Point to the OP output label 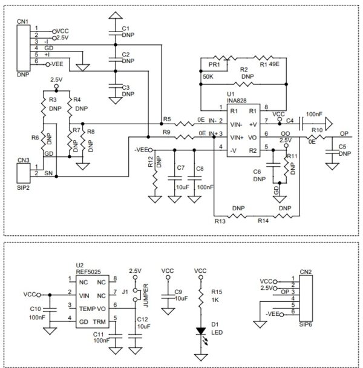(x=343, y=134)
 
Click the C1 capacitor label (x=125, y=28)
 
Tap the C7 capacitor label (x=179, y=168)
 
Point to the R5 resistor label (x=168, y=118)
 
